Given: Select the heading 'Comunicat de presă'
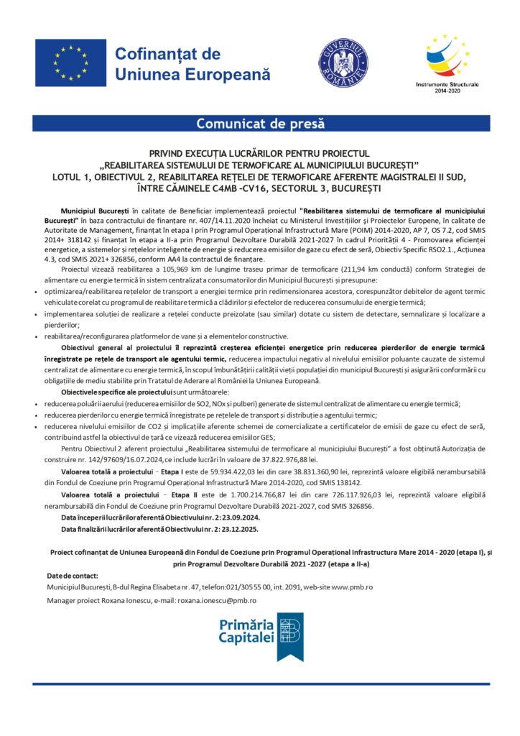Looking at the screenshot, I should coord(260,123).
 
